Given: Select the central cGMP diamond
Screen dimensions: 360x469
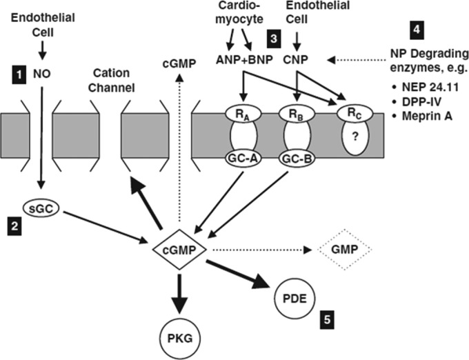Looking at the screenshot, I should coord(178,246).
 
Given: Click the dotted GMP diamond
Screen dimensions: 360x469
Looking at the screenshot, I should coord(343,246).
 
